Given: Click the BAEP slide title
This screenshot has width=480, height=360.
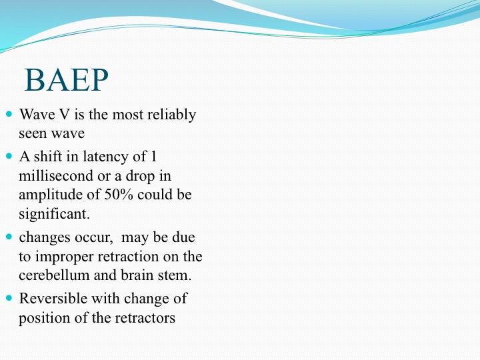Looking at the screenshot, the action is coord(67,80).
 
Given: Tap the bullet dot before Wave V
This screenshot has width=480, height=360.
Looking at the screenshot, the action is coord(9,114).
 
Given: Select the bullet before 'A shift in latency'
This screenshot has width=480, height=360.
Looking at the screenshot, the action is coord(9,156).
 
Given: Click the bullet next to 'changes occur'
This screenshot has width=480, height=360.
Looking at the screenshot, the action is coord(9,237).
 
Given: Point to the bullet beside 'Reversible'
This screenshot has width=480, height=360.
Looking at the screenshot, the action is coord(9,298).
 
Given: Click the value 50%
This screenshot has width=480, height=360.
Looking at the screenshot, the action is coord(119,195).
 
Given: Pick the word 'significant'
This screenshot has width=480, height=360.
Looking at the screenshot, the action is coord(54,214).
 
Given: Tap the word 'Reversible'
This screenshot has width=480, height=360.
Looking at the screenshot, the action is coord(53,298).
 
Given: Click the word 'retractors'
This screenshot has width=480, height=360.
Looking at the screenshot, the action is coord(145,318).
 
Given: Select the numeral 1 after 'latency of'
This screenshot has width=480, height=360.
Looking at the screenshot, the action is coord(154,157).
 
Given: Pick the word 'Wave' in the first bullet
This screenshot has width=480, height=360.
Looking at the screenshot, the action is coord(37,115).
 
